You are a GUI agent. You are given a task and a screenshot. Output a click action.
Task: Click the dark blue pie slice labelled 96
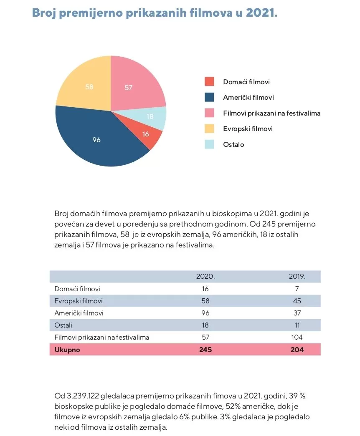pos(96,140)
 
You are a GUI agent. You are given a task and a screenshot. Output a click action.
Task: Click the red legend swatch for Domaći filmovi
pos(209,82)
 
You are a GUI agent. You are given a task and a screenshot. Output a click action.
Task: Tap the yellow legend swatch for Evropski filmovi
pos(209,129)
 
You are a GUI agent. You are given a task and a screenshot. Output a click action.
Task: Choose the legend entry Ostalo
pos(233,144)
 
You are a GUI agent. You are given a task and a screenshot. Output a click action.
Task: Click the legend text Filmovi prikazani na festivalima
pos(271,113)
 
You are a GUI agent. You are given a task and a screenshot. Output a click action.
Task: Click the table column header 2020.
pos(205,277)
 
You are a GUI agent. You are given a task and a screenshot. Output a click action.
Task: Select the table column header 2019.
pos(297,277)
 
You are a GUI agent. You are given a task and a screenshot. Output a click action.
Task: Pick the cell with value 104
pos(297,337)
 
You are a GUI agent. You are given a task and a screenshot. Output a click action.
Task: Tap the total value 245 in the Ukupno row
pos(205,350)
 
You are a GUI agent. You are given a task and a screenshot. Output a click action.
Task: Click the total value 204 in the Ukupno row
pos(297,350)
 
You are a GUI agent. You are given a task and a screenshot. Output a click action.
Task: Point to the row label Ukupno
pos(67,350)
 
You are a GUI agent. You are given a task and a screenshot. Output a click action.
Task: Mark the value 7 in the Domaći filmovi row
pos(297,289)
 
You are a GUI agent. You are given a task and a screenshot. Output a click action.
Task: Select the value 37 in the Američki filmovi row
pos(297,313)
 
